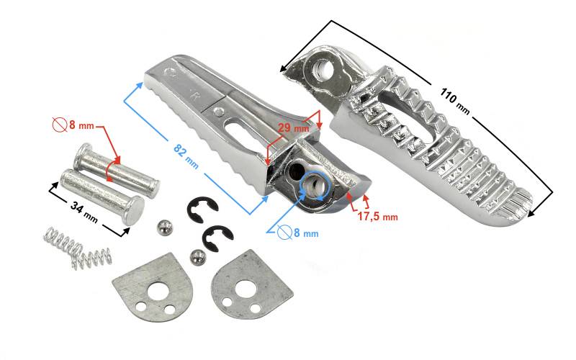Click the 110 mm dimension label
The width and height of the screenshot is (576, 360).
coord(454,101)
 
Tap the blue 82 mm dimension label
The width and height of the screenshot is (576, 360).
coord(186,156)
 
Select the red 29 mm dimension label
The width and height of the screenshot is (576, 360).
coord(293,128)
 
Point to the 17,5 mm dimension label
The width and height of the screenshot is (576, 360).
coord(377,217)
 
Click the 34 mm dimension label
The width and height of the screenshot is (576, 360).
coord(84,212)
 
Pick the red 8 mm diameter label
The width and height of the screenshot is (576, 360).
coord(81,125)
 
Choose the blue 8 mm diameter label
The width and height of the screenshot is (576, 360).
coord(305,233)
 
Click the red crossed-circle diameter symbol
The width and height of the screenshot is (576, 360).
coord(60,125)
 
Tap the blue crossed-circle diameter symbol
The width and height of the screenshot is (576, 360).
coord(284,232)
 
